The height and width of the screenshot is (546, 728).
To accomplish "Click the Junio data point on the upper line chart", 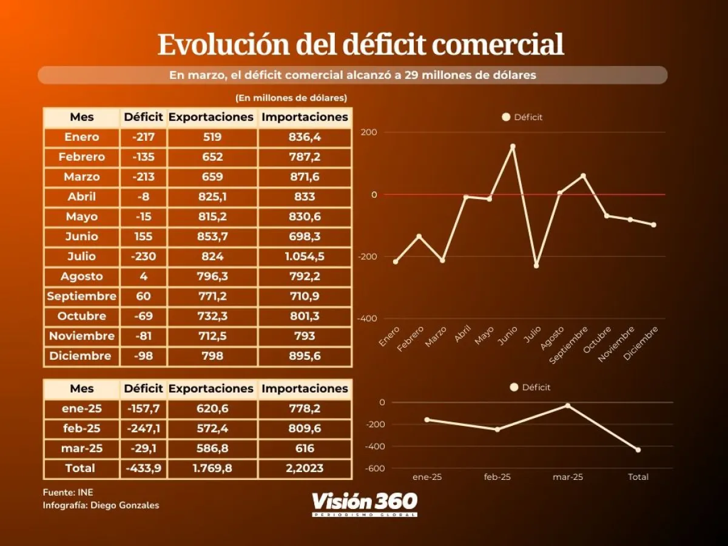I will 513,146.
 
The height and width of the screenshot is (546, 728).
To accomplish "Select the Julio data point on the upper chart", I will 536,266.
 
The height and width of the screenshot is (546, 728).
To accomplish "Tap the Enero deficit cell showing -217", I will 143,137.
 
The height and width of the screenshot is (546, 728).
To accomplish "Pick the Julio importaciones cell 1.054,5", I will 305,257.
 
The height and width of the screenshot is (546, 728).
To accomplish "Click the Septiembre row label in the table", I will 81,296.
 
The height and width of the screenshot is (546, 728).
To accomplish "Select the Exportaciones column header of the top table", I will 211,117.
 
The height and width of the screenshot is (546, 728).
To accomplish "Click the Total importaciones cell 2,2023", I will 305,468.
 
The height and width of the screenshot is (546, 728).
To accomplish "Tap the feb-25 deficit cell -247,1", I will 143,429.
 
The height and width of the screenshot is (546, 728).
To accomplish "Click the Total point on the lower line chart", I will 638,450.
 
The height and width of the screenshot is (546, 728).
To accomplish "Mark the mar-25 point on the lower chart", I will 568,405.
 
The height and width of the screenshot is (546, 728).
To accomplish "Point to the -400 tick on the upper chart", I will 368,318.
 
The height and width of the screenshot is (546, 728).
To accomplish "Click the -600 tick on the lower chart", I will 374,468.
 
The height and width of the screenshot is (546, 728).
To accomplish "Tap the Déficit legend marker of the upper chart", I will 506,117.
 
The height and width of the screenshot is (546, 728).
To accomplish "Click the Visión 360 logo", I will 365,503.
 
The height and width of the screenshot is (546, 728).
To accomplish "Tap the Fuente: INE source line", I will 68,492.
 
